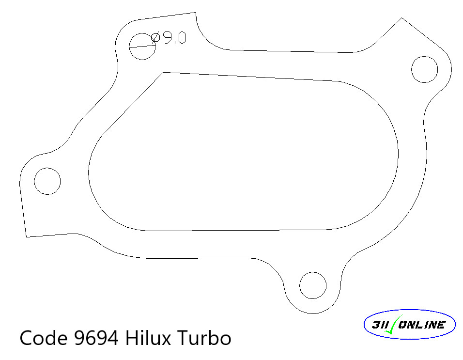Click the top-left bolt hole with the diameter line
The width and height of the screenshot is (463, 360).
pyautogui.click(x=142, y=47)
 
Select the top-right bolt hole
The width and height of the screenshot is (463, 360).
pyautogui.click(x=424, y=69)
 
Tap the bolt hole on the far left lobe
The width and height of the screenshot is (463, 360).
pyautogui.click(x=47, y=181)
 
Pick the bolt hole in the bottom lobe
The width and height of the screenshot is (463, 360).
pyautogui.click(x=313, y=285)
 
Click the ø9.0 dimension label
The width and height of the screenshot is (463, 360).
pyautogui.click(x=168, y=38)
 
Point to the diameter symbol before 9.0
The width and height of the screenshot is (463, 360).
pyautogui.click(x=155, y=38)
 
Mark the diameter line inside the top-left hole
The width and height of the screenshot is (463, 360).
pyautogui.click(x=142, y=47)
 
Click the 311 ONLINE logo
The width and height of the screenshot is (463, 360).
pyautogui.click(x=409, y=325)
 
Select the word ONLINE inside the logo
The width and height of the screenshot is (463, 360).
pyautogui.click(x=421, y=325)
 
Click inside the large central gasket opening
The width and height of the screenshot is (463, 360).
pyautogui.click(x=242, y=155)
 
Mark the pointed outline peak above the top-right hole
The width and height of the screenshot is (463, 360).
pyautogui.click(x=401, y=18)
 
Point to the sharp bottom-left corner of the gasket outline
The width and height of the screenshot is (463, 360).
pyautogui.click(x=26, y=237)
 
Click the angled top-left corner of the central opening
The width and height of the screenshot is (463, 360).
pyautogui.click(x=164, y=73)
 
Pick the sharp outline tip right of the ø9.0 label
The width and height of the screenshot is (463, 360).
pyautogui.click(x=195, y=13)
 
